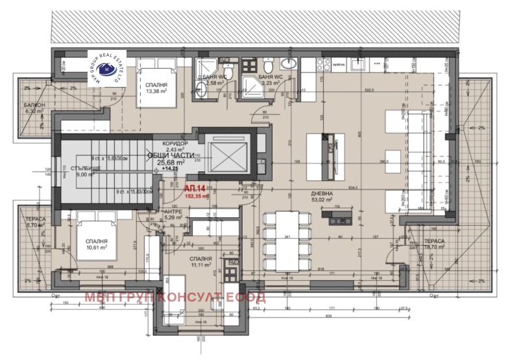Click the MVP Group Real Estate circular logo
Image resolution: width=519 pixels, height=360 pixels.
[x=106, y=69]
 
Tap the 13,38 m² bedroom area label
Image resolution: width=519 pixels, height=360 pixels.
[x=156, y=91]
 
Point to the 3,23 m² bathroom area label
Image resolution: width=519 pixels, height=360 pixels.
[x=268, y=83]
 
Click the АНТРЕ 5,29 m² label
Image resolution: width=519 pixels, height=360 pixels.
[x=172, y=215]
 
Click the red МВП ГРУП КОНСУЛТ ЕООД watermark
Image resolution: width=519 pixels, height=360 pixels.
[x=175, y=297]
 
